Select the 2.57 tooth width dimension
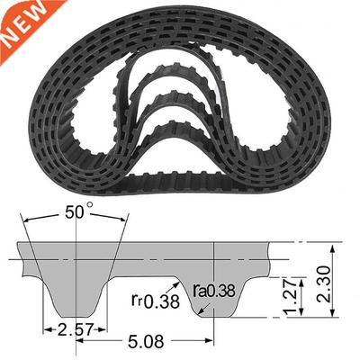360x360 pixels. (76, 328)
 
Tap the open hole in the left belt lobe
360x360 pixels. (85, 121)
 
